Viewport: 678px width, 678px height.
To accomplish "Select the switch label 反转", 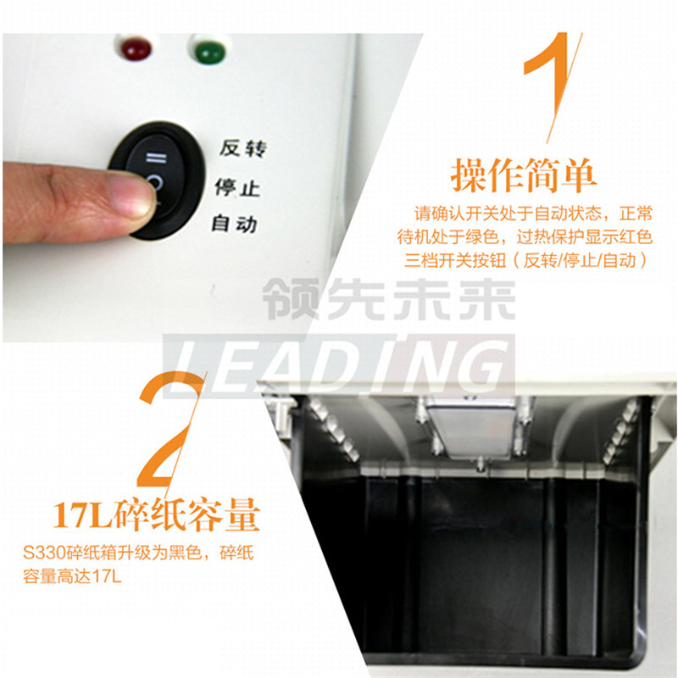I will (x=242, y=149).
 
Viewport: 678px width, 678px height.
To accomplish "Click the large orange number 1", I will (x=552, y=85).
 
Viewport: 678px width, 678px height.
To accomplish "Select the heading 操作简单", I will (x=523, y=175).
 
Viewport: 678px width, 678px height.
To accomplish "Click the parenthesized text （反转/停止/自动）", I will (x=582, y=260).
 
